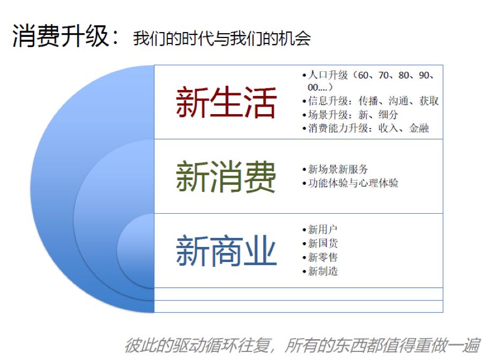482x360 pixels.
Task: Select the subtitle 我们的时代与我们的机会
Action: click(x=221, y=39)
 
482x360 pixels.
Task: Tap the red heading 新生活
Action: click(x=226, y=102)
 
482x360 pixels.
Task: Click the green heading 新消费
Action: click(x=226, y=176)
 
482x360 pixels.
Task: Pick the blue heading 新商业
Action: click(x=226, y=250)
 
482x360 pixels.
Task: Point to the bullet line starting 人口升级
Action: click(x=368, y=81)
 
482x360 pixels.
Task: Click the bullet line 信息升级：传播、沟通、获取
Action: click(x=370, y=101)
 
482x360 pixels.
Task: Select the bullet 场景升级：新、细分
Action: click(x=350, y=115)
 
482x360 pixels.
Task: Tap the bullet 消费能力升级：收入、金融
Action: click(x=366, y=128)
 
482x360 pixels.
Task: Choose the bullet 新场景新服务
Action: click(x=335, y=169)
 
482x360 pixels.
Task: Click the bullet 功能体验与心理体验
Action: click(x=350, y=183)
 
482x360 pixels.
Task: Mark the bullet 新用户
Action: click(x=320, y=229)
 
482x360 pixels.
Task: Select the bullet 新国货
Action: click(x=320, y=243)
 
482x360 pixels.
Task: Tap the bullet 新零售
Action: click(x=320, y=257)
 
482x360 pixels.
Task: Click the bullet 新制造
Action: click(x=320, y=271)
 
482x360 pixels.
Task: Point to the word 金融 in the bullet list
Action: click(x=419, y=128)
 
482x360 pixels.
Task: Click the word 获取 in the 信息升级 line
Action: click(x=429, y=101)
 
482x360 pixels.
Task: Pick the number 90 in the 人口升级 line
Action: click(x=424, y=75)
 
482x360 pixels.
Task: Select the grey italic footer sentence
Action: click(x=302, y=346)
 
